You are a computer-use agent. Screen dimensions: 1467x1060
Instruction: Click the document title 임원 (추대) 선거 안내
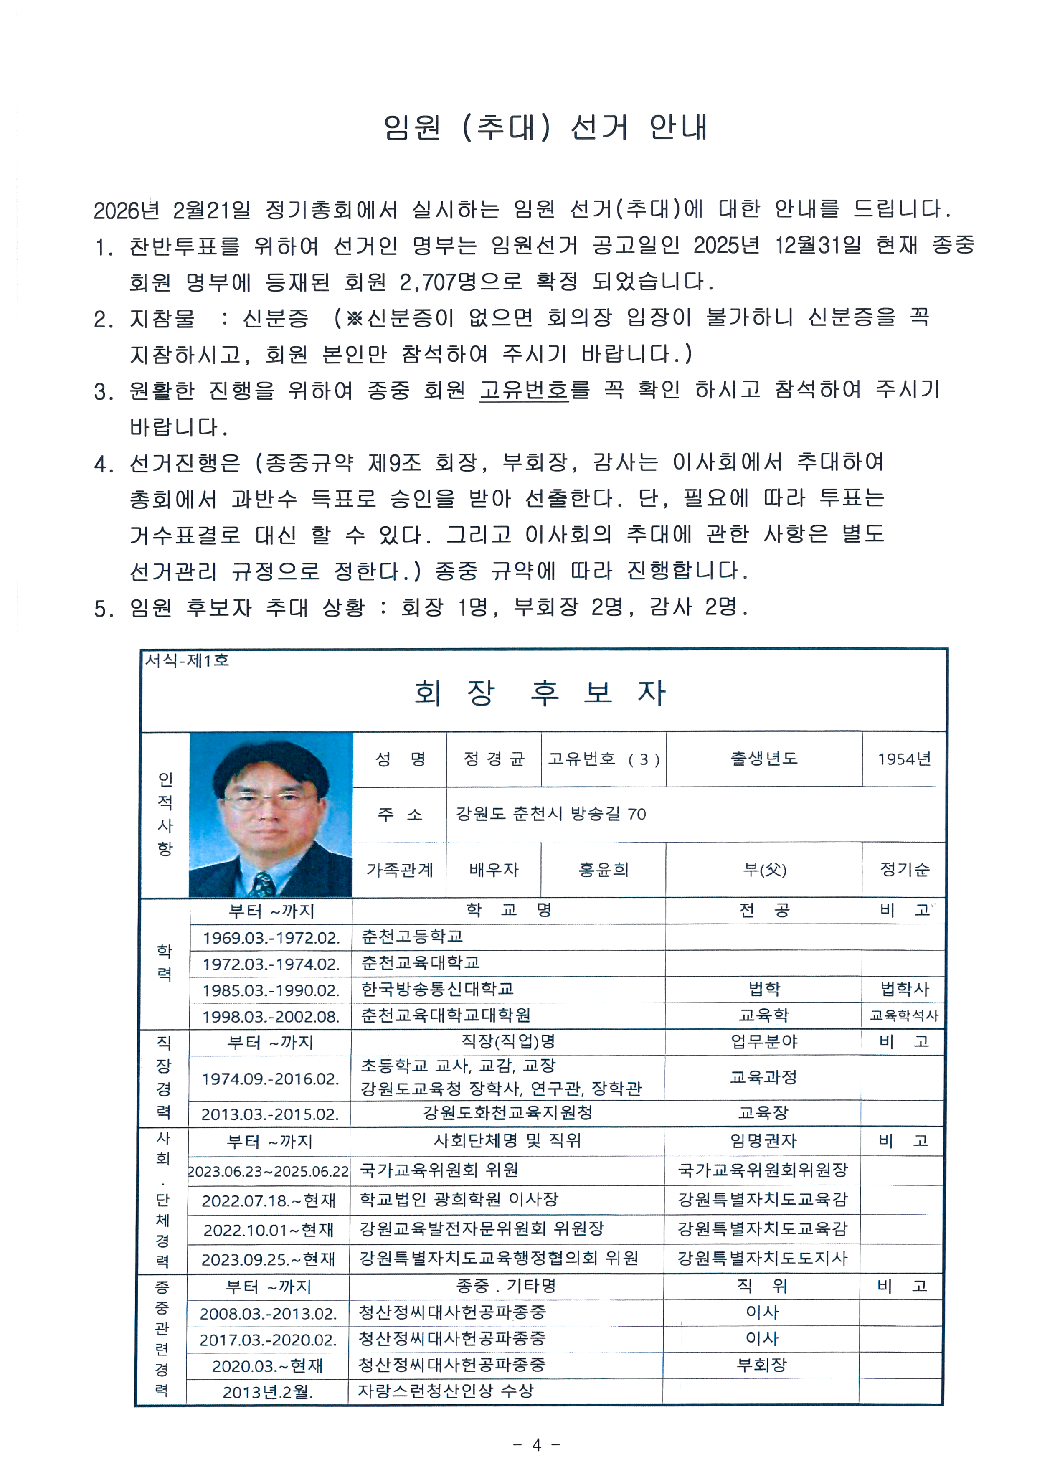click(x=545, y=127)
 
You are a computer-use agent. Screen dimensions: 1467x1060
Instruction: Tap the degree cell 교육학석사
click(x=903, y=1015)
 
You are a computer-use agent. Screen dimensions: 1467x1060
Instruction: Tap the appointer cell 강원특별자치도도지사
click(x=762, y=1258)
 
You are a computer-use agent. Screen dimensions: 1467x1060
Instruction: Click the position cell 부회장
click(x=762, y=1364)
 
